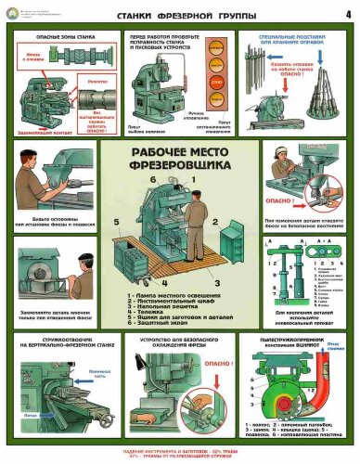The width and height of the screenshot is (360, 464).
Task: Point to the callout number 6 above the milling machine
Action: point(154,178)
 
